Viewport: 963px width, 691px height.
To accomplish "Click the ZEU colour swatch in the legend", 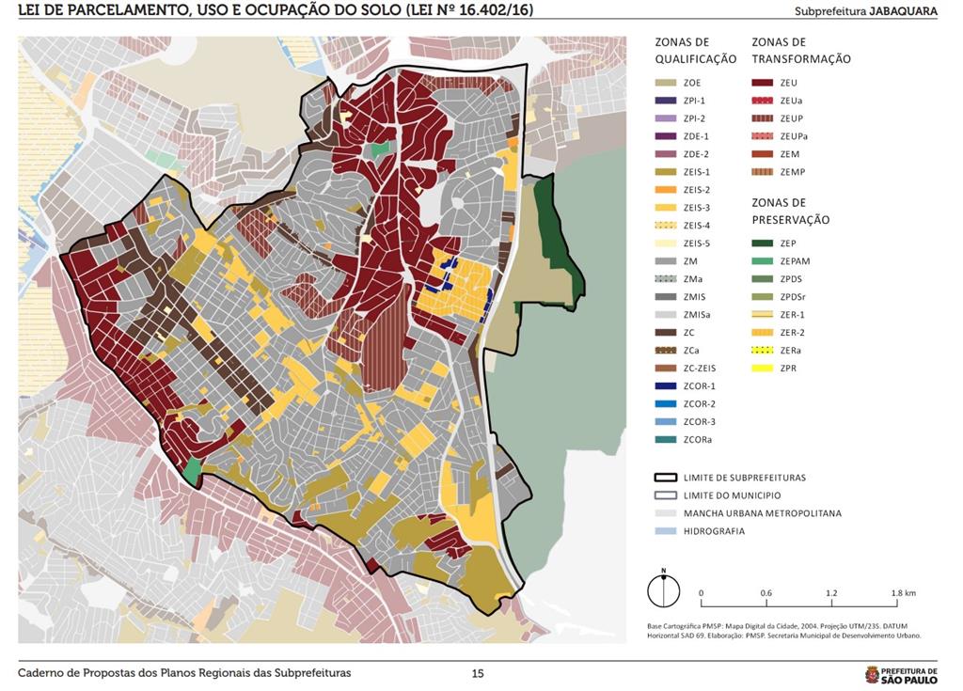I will [x=763, y=83].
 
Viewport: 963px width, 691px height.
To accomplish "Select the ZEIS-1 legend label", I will [x=697, y=172].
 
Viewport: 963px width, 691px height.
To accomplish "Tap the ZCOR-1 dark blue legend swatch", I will [x=667, y=386].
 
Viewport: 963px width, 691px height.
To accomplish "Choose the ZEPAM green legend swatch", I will [x=763, y=261].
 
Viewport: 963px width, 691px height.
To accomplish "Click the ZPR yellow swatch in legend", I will [x=763, y=369].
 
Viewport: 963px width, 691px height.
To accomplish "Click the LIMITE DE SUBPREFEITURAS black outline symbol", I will [x=667, y=478].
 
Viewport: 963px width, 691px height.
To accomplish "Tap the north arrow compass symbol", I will [x=664, y=590].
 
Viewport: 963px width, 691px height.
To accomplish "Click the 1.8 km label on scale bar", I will [x=903, y=593].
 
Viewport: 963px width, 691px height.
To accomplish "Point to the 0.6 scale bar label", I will [x=766, y=593].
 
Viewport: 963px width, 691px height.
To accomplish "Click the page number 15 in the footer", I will [x=478, y=673].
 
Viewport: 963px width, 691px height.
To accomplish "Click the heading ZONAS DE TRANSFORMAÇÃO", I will [x=801, y=51].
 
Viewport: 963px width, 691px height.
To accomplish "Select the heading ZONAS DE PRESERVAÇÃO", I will [x=791, y=211].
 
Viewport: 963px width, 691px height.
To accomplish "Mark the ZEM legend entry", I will [x=789, y=154].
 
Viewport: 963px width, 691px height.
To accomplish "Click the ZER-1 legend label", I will [x=791, y=315].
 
